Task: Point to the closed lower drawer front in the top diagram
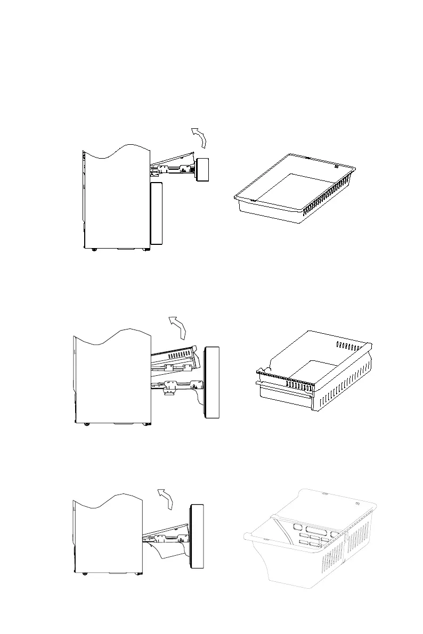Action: coord(157,213)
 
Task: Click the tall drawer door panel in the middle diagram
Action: coord(213,382)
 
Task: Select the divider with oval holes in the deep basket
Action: coord(314,534)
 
